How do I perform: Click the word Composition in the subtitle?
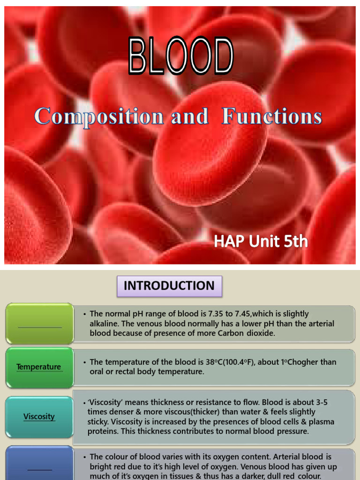tap(99, 116)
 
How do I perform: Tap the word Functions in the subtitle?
tap(272, 116)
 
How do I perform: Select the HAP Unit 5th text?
tap(261, 241)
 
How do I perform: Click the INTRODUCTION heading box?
tap(169, 285)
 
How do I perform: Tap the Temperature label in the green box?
tap(39, 367)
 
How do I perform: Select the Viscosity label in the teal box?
tap(39, 416)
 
